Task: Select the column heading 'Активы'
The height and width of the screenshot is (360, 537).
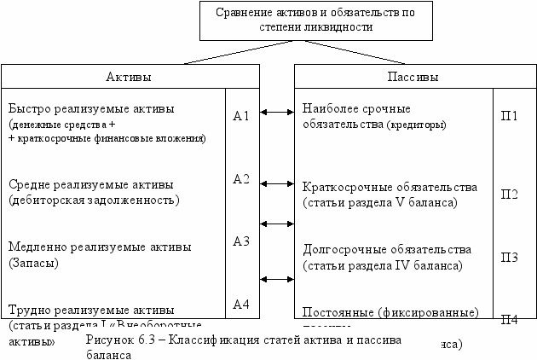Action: [128, 77]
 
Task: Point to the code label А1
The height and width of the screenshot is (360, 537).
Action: [240, 115]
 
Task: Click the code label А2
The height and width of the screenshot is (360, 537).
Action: [240, 179]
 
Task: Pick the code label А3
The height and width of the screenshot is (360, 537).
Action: [240, 241]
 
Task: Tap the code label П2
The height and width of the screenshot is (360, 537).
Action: [509, 194]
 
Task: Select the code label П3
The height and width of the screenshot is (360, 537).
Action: [509, 257]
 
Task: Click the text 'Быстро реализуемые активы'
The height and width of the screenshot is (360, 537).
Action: [90, 110]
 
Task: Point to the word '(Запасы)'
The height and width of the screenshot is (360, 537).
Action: [33, 263]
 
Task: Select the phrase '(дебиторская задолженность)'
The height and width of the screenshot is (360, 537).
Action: [94, 200]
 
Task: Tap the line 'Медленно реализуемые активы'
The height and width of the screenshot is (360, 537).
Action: [99, 247]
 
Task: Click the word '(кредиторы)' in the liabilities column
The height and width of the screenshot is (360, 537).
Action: [416, 125]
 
